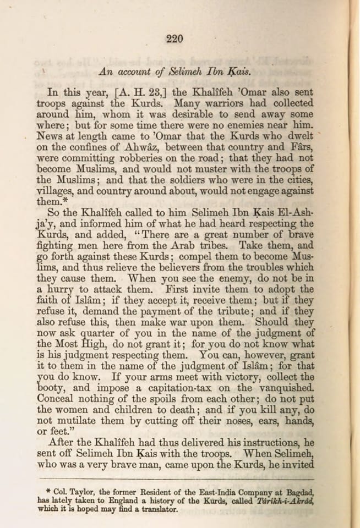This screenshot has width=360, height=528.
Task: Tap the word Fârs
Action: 300,147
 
